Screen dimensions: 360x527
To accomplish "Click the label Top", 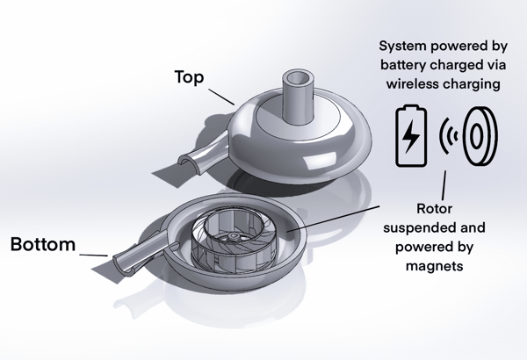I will point(190,78).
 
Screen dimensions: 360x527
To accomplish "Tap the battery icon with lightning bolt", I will point(411,136).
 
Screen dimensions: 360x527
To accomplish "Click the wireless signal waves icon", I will point(449,136).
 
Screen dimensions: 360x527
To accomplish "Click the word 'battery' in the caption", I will point(406,67).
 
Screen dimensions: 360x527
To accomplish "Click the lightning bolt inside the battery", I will point(411,137).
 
